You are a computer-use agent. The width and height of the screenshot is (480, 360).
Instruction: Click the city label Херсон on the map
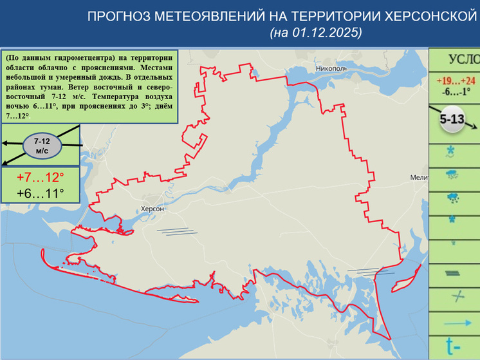tap(153, 209)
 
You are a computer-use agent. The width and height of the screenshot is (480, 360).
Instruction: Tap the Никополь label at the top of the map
tap(331, 67)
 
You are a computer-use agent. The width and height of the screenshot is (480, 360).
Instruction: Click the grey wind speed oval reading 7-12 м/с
tap(42, 145)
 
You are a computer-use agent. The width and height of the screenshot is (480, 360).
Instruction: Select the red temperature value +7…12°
tap(40, 177)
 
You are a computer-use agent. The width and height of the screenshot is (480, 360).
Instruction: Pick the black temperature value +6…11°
tap(40, 194)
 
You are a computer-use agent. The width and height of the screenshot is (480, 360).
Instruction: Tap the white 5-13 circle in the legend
tap(454, 120)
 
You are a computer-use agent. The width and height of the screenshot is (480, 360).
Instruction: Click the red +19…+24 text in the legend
tap(455, 81)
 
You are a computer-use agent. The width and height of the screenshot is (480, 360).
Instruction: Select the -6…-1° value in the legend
tap(455, 91)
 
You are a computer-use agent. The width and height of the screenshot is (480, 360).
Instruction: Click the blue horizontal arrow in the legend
tap(456, 323)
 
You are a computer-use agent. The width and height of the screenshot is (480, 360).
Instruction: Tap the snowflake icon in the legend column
tap(450, 152)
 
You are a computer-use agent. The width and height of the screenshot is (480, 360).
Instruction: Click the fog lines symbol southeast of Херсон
tap(176, 230)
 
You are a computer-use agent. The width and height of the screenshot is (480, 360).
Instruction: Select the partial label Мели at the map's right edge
tap(418, 177)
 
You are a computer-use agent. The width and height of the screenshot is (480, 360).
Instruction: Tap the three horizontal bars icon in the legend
tap(453, 273)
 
